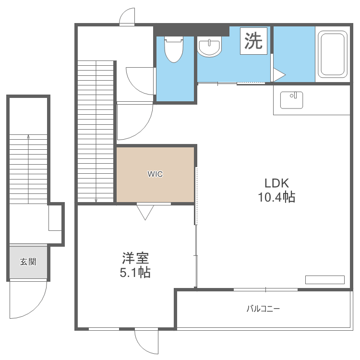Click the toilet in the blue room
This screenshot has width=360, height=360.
[x=174, y=49]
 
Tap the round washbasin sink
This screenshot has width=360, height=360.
[x=209, y=47]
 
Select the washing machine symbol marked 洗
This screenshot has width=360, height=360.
[x=253, y=41]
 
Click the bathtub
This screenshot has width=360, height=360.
[x=333, y=54]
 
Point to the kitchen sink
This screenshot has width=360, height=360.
[x=291, y=100]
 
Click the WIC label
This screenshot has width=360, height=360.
[x=155, y=174]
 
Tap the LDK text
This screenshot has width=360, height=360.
[x=276, y=183]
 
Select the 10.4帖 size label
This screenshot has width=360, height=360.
[x=276, y=197]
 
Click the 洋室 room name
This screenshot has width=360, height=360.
[x=135, y=258]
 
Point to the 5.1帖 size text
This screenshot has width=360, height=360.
[x=135, y=272]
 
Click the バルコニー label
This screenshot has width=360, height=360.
[x=263, y=309]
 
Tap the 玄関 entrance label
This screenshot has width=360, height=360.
[x=28, y=262]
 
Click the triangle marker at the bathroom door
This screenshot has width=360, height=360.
[x=279, y=75]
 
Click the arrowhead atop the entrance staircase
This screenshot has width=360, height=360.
[x=28, y=137]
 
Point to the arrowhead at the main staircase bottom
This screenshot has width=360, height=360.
[x=96, y=201]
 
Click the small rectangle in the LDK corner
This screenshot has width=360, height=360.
[x=324, y=280]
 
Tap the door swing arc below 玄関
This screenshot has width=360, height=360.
[x=37, y=308]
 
